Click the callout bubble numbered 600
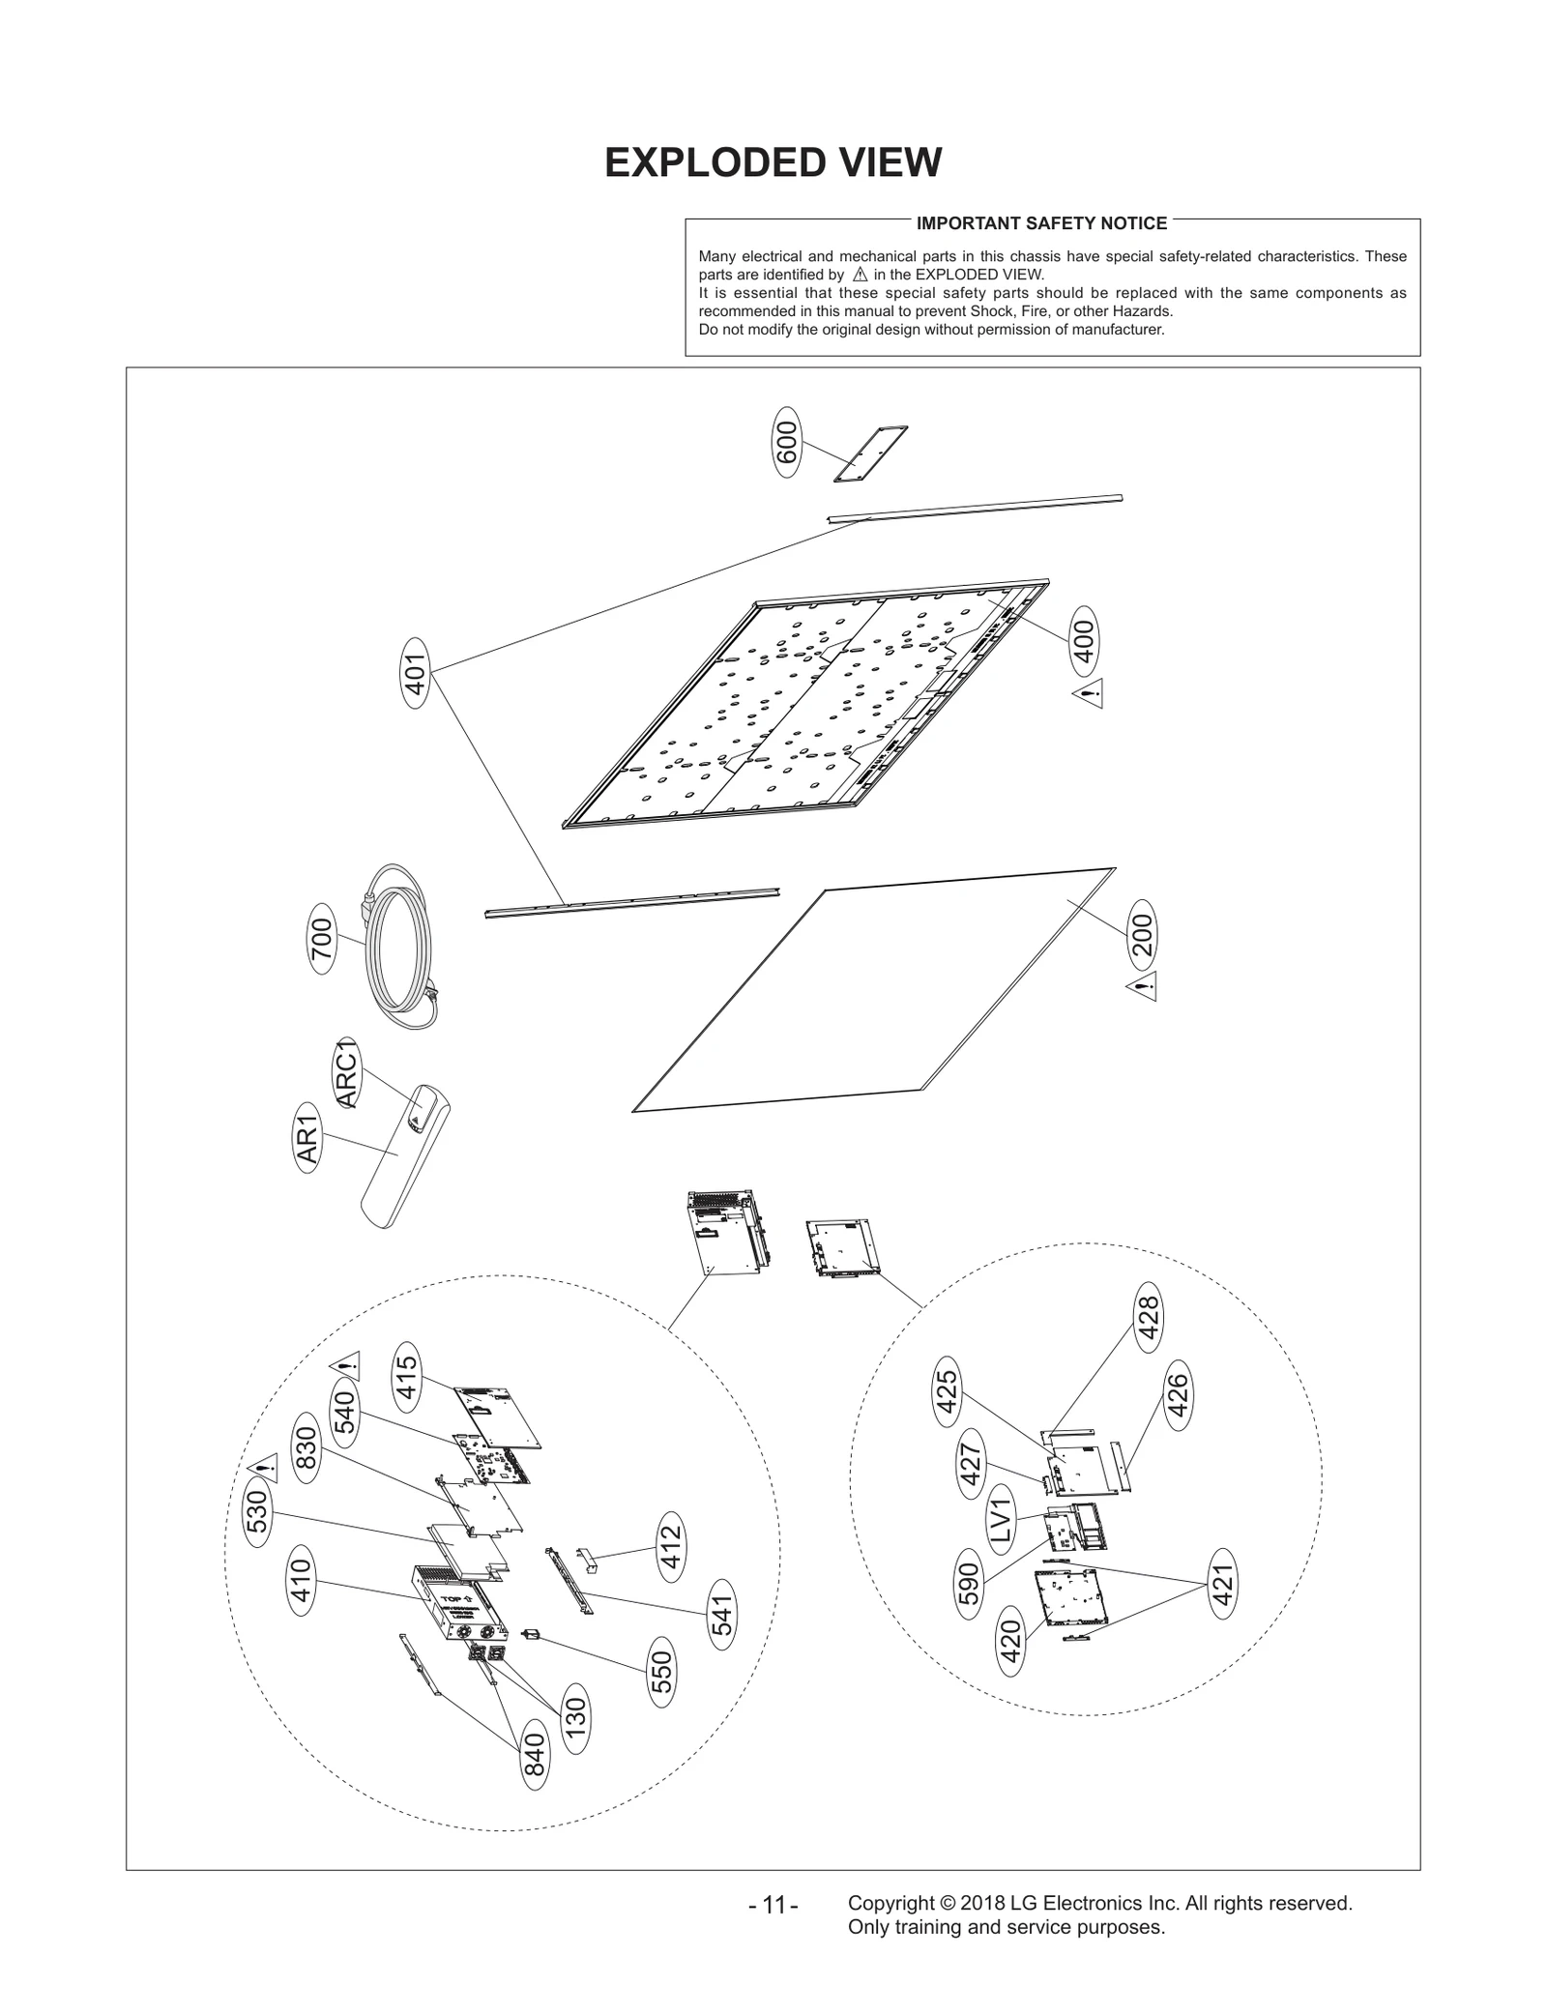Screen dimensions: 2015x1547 click(x=787, y=442)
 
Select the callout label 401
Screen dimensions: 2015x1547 click(x=415, y=673)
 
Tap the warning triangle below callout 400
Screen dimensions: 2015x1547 click(x=1088, y=693)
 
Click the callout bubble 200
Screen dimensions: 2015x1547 click(x=1143, y=935)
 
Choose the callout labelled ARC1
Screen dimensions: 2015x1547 click(x=346, y=1072)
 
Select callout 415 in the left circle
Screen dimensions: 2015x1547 click(x=405, y=1377)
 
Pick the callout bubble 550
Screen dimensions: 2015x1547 click(x=661, y=1672)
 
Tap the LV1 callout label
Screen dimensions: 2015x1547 click(x=1000, y=1520)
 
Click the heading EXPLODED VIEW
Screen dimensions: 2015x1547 click(x=773, y=162)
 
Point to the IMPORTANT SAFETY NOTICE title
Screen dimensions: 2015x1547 click(x=1041, y=223)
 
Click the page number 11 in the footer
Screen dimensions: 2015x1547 click(x=773, y=1906)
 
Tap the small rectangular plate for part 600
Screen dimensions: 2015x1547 click(x=870, y=453)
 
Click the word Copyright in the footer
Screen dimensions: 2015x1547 click(x=889, y=1902)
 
